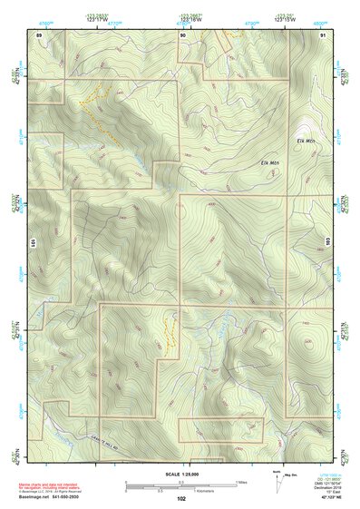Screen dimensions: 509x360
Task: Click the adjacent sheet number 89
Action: click(x=38, y=34)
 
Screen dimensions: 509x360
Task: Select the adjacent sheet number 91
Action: click(x=324, y=34)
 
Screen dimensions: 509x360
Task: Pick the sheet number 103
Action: click(x=326, y=242)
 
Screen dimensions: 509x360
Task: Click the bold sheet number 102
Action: click(x=181, y=498)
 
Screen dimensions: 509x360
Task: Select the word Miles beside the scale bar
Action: click(x=241, y=482)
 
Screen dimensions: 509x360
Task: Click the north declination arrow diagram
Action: click(x=277, y=481)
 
